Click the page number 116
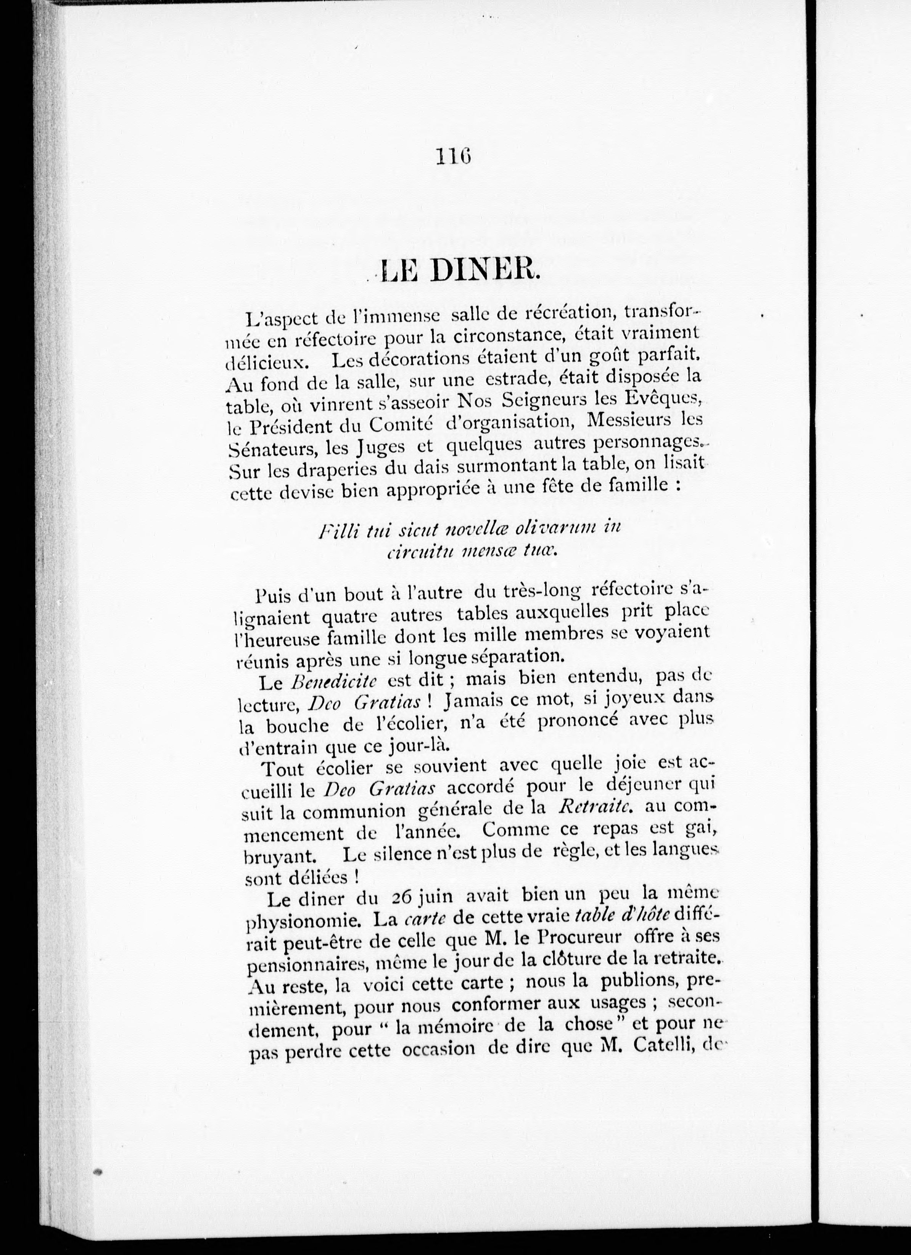(452, 156)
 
